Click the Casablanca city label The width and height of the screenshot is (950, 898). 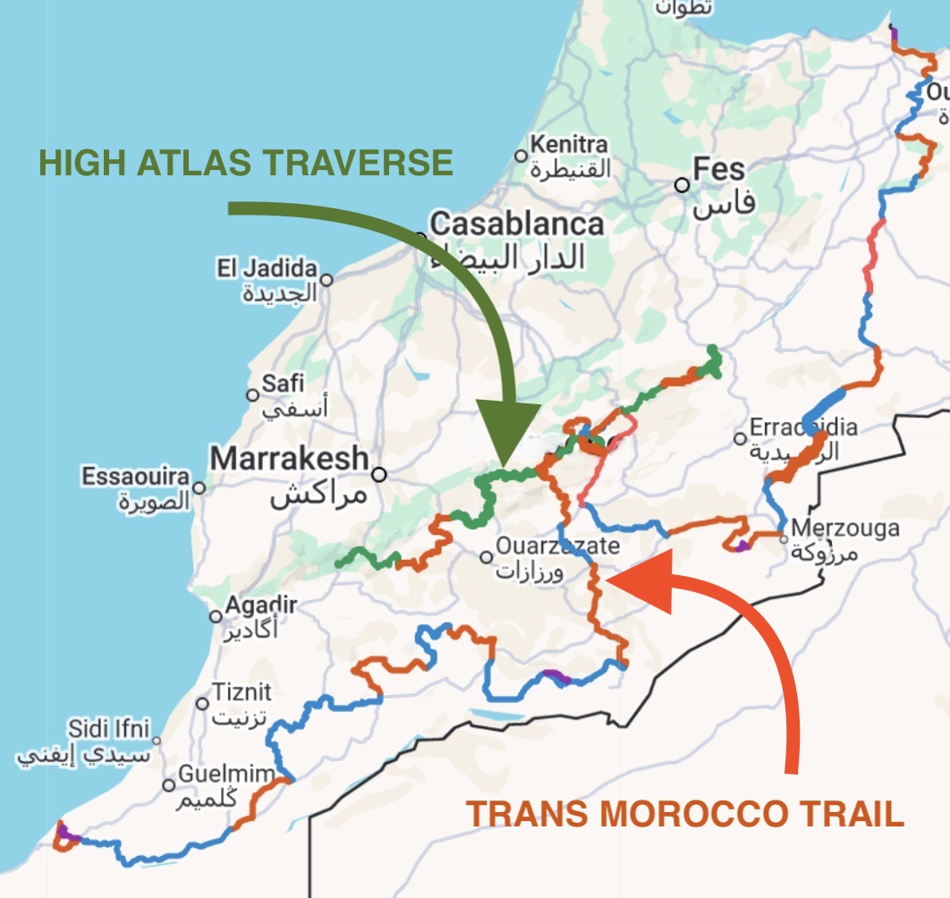pos(516,223)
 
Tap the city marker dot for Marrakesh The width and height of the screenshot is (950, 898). pos(379,474)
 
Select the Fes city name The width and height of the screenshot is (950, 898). pos(719,170)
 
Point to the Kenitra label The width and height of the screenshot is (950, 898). pos(568,143)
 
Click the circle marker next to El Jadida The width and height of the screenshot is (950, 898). pos(327,280)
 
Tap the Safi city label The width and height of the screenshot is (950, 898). pos(283,384)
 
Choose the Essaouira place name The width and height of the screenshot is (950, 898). pos(136,477)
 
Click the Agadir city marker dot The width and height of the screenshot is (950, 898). pos(216,616)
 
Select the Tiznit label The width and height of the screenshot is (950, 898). pos(242,692)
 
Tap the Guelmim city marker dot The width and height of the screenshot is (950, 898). pos(169,784)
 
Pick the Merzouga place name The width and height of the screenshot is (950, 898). pos(845,529)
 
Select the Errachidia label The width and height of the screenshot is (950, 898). pos(803,428)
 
